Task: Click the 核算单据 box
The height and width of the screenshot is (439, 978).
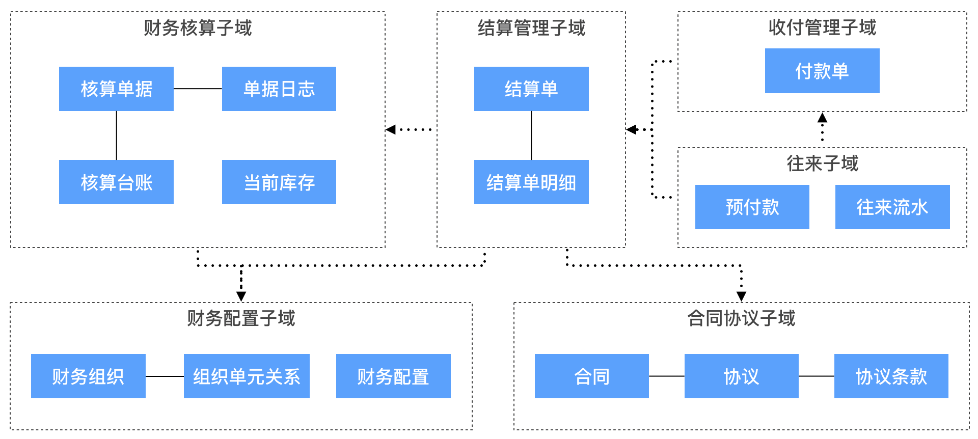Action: (x=116, y=89)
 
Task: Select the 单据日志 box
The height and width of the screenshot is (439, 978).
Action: (x=279, y=89)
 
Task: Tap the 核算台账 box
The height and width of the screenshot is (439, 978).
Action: (x=116, y=182)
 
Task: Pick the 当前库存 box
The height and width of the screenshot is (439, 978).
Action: (x=279, y=182)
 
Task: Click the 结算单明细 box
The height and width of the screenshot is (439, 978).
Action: (x=531, y=182)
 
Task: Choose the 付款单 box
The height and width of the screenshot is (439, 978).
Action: (x=822, y=71)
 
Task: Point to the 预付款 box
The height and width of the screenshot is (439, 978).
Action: (x=752, y=207)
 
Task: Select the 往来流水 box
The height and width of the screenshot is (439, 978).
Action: (x=892, y=207)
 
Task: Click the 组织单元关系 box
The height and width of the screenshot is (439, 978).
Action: (x=247, y=376)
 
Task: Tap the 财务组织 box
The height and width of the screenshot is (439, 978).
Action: (x=88, y=376)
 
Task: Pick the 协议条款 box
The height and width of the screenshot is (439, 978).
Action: (x=891, y=376)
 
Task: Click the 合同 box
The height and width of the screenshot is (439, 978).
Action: (x=591, y=376)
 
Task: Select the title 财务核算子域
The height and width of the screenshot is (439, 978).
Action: (x=198, y=28)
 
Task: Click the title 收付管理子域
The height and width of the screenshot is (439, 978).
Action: (x=822, y=28)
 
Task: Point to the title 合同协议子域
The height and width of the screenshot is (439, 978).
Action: (x=741, y=318)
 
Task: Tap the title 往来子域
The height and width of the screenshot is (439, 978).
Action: (x=822, y=163)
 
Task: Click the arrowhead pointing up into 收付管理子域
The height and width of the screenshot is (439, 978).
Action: (x=822, y=118)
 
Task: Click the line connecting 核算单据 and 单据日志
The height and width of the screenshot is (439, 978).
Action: (x=198, y=89)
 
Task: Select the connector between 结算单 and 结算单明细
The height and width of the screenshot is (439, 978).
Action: (x=531, y=135)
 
